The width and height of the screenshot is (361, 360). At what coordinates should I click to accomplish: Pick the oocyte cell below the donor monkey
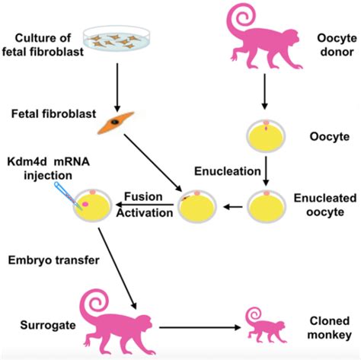264,136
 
